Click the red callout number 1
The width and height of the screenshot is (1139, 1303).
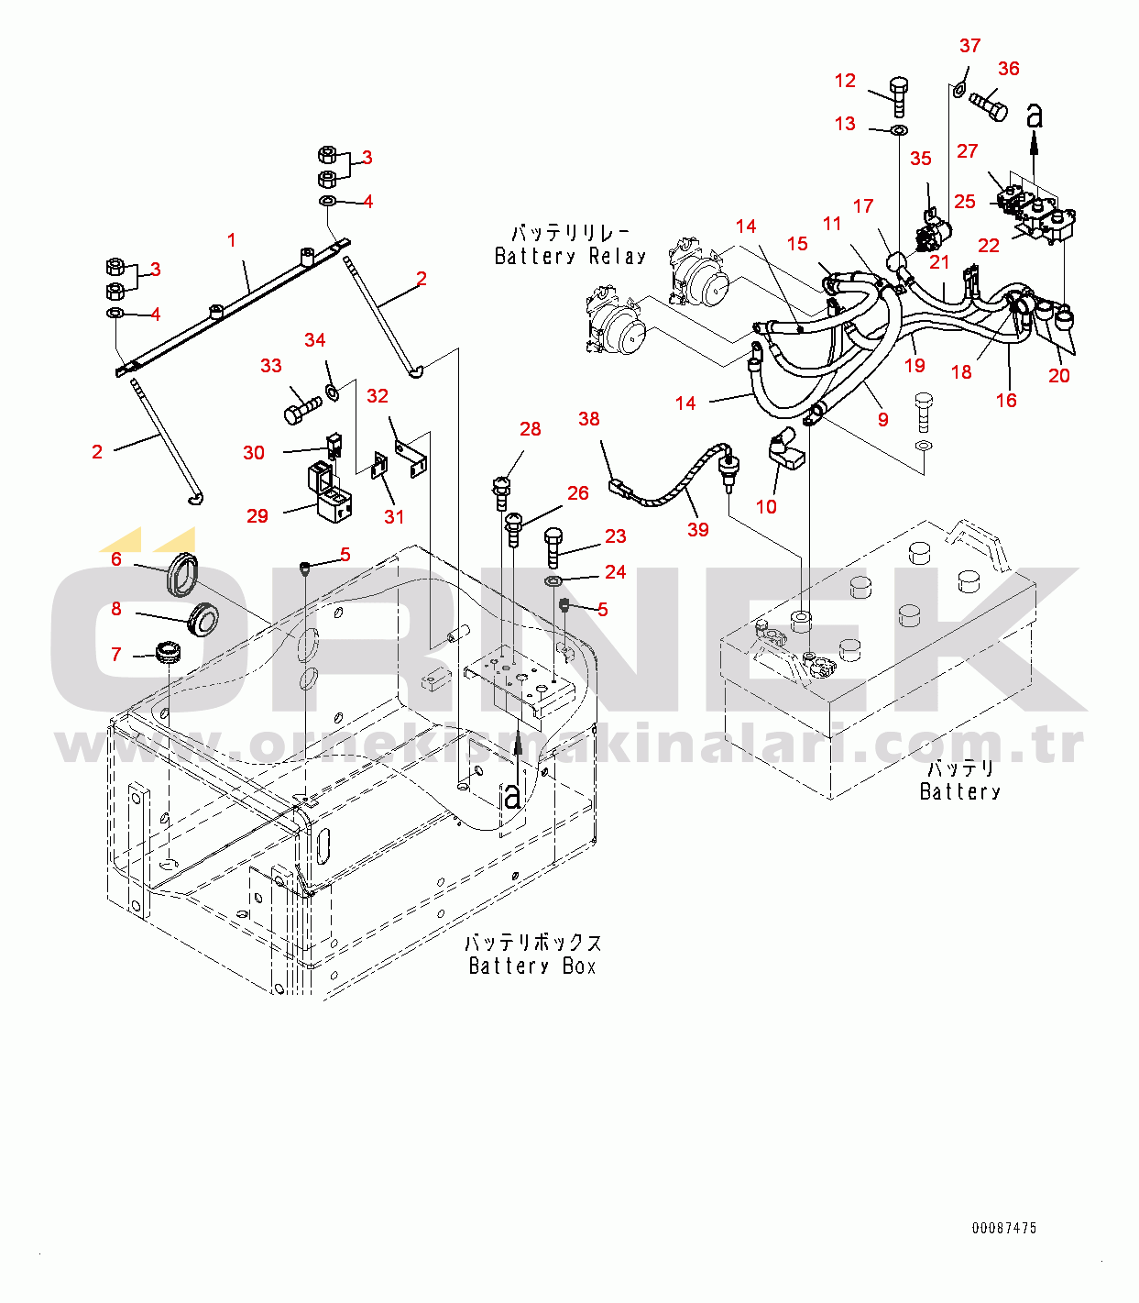pos(232,241)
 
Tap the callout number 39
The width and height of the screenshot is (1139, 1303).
pos(698,530)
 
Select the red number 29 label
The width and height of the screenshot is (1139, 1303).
pos(257,516)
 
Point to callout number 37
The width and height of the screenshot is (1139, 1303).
pos(970,46)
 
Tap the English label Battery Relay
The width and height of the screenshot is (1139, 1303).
pos(570,257)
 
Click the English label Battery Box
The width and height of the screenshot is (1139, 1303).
pos(532,966)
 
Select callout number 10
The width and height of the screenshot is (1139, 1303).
pos(766,507)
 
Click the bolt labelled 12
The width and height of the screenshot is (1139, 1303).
pos(899,97)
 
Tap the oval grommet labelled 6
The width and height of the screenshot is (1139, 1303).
pos(182,574)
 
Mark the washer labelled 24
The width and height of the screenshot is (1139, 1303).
pos(553,580)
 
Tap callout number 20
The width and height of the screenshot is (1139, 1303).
pos(1059,376)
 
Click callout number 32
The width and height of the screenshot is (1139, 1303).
pos(378,396)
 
